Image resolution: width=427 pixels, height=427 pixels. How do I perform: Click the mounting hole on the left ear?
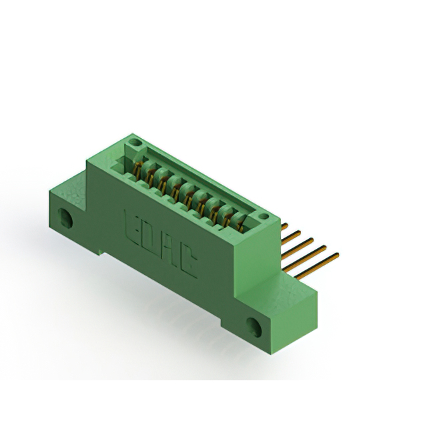coord(65,218)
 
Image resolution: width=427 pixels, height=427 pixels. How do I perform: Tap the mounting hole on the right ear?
coord(254,326)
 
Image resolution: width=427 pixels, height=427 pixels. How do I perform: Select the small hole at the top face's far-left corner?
coord(134,143)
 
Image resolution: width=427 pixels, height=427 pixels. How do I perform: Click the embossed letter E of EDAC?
coord(131,223)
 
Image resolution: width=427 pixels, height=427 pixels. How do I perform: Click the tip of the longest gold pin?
coord(337,254)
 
